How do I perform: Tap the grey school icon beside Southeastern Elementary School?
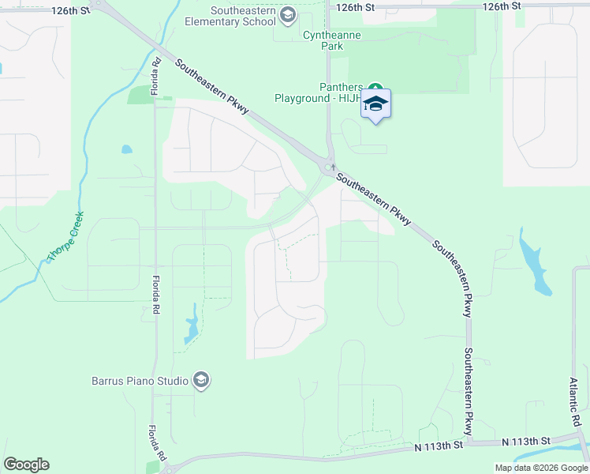coord(288,14)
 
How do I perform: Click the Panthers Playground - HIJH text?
coord(318,92)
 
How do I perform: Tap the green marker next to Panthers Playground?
coord(375,88)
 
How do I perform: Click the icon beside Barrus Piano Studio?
coord(201,381)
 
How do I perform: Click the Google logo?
coord(26,465)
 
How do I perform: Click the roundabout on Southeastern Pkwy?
coord(327,167)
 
